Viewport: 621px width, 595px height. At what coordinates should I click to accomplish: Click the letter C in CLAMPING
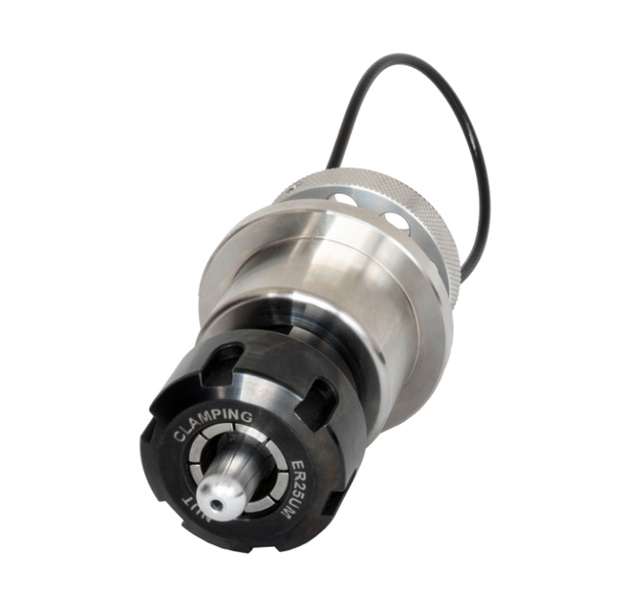[x=179, y=437]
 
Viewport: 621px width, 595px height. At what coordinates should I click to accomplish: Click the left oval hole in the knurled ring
[x=341, y=197]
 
